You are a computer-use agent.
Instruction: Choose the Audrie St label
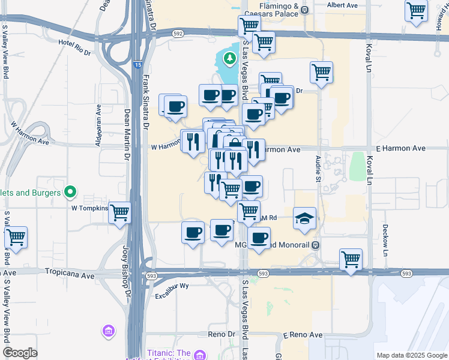pos(318,168)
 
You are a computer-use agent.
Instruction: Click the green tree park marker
pos(229,58)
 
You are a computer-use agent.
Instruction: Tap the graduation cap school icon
pos(304,218)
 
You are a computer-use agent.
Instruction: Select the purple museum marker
pos(109,331)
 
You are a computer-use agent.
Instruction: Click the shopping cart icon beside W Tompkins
pos(120,212)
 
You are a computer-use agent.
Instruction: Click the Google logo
pos(20,353)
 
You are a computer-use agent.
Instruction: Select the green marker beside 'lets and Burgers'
pos(70,193)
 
